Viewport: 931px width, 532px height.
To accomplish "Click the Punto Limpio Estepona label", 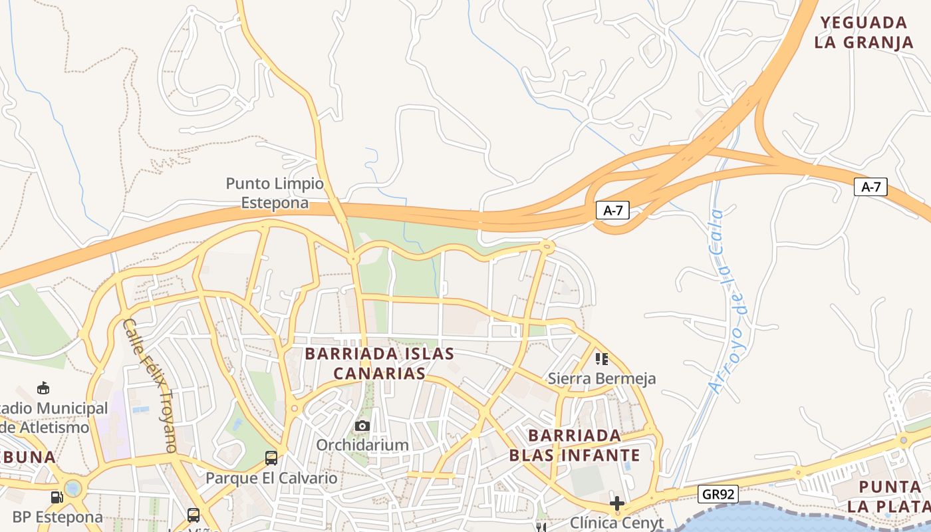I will coord(275,193).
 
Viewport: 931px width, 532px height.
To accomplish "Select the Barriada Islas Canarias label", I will coord(379,363).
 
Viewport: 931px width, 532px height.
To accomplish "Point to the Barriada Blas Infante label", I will coord(575,446).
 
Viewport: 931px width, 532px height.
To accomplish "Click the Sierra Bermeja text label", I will coord(602,378).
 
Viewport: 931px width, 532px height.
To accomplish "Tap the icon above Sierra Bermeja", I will coord(602,359).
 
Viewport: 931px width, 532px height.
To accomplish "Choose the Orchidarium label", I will coord(362,444).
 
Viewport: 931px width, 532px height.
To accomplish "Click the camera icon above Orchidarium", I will coord(362,426).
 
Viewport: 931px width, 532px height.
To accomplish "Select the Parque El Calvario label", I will coord(271,477).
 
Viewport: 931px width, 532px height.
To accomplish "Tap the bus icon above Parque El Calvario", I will coord(271,458).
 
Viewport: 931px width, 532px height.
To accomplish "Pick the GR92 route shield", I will coord(718,493).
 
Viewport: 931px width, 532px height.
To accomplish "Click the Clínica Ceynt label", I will coord(616,523).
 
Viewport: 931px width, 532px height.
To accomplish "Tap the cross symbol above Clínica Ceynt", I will coord(617,503).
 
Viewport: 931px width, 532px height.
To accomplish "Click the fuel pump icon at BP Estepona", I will coord(57,497).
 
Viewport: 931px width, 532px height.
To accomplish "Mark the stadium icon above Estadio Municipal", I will coord(43,388).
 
